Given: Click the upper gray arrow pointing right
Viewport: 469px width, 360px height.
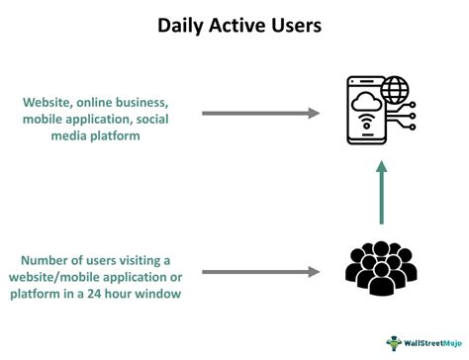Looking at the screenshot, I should coord(260,113).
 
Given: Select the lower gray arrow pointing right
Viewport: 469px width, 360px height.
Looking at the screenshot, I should coord(260,270).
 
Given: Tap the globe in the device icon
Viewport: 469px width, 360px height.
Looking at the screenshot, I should coord(394,90).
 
